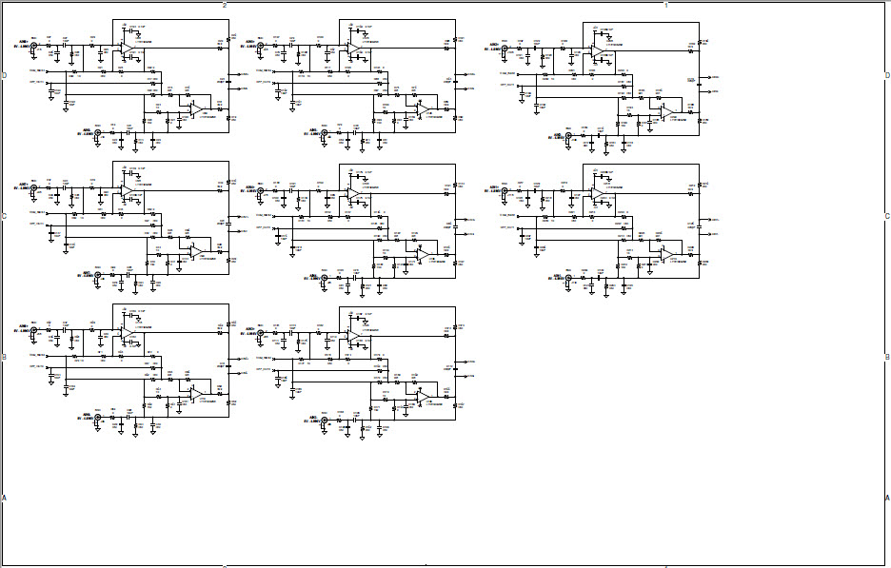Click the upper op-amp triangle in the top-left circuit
click(126, 48)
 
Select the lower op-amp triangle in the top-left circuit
click(194, 110)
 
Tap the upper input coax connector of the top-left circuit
click(35, 45)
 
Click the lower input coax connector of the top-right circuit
click(569, 137)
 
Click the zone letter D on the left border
click(4, 74)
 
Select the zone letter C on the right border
click(886, 216)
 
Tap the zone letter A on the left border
click(4, 498)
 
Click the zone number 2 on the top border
click(225, 5)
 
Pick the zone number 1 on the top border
click(665, 5)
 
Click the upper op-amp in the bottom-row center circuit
click(353, 336)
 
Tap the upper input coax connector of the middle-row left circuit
click(35, 189)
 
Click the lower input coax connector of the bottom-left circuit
click(97, 418)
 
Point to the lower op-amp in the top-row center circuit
click(421, 110)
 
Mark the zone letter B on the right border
click(886, 358)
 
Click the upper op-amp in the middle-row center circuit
click(353, 193)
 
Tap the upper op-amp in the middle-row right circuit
click(597, 193)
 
